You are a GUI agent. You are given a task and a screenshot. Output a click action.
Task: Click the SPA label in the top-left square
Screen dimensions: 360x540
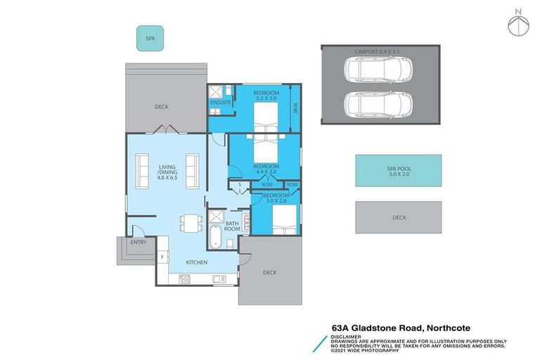149,39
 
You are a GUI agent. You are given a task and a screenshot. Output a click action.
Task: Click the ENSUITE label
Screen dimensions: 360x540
221,104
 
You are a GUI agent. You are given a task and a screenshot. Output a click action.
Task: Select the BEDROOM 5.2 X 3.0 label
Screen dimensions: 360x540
266,96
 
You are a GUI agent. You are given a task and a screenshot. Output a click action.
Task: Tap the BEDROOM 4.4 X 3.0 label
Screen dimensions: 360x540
266,169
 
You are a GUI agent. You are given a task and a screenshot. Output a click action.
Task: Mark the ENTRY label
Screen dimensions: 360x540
139,242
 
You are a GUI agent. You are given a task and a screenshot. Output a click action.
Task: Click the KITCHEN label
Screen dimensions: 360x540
196,262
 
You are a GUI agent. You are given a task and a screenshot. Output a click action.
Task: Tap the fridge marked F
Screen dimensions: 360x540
162,257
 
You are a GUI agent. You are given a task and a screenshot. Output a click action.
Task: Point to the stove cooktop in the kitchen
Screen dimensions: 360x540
185,278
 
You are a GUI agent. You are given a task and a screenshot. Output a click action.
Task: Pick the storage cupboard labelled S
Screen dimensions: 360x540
240,186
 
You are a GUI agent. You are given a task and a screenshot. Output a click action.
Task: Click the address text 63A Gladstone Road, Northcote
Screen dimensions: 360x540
401,327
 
